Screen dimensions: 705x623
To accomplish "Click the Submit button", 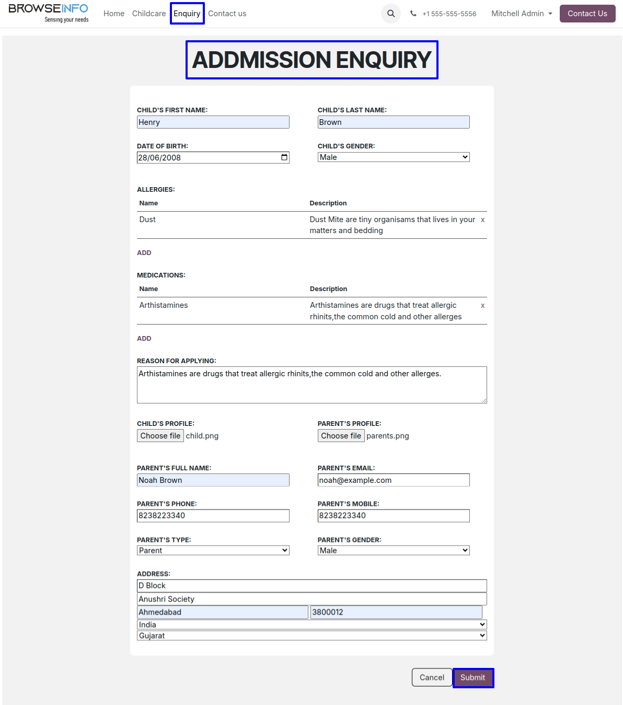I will coord(473,678).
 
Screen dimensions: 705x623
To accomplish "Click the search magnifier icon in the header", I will coord(391,14).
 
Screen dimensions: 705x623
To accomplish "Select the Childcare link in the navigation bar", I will coord(149,14).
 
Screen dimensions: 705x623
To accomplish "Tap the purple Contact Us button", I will coord(587,14).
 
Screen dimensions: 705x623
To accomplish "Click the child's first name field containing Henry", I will coord(213,122).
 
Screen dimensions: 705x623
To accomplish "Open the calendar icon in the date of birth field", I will coord(284,157).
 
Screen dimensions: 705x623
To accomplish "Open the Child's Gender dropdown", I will coord(394,157).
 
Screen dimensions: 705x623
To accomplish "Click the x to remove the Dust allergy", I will coord(482,220).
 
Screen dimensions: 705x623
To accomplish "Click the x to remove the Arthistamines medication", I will coord(482,306).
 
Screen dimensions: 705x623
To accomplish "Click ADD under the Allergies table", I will coord(144,253).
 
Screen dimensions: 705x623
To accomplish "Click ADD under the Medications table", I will coord(144,339).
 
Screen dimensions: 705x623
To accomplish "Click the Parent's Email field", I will coord(394,480).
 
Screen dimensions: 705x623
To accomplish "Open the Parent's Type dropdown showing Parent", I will coord(213,550).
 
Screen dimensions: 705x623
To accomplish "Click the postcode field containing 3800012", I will coord(396,612).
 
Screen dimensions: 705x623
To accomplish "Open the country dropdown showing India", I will coord(311,625).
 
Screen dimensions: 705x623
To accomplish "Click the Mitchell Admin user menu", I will coord(522,14).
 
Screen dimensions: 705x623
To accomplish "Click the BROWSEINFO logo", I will coord(49,13).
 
